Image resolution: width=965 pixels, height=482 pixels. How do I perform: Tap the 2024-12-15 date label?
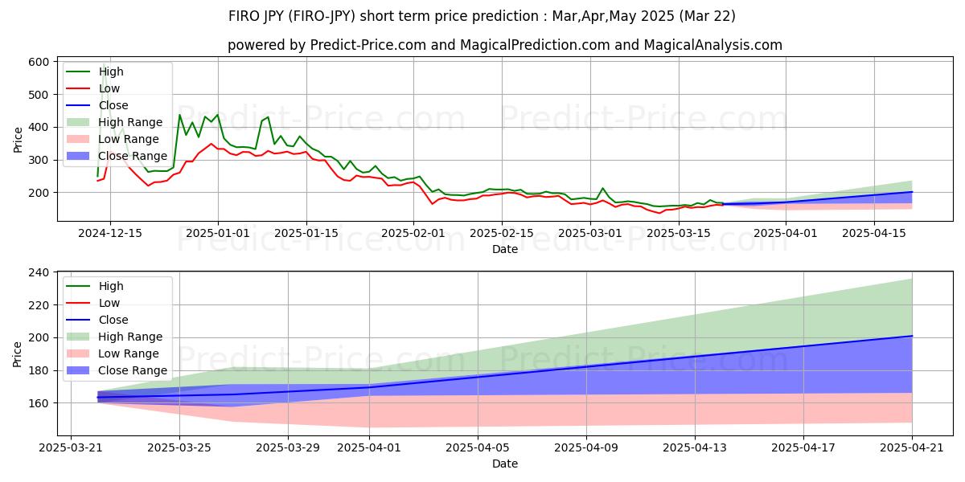[110, 233]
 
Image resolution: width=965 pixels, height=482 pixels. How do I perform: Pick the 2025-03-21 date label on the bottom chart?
[71, 447]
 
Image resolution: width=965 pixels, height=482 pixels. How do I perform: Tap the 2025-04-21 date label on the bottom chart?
[912, 447]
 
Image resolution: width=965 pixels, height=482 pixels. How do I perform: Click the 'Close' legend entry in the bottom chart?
[113, 320]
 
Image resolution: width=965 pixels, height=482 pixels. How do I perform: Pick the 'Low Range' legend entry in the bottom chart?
[133, 353]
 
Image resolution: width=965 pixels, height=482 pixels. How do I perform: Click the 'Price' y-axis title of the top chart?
[18, 138]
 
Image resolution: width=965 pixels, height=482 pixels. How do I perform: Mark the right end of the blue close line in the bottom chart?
[912, 336]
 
